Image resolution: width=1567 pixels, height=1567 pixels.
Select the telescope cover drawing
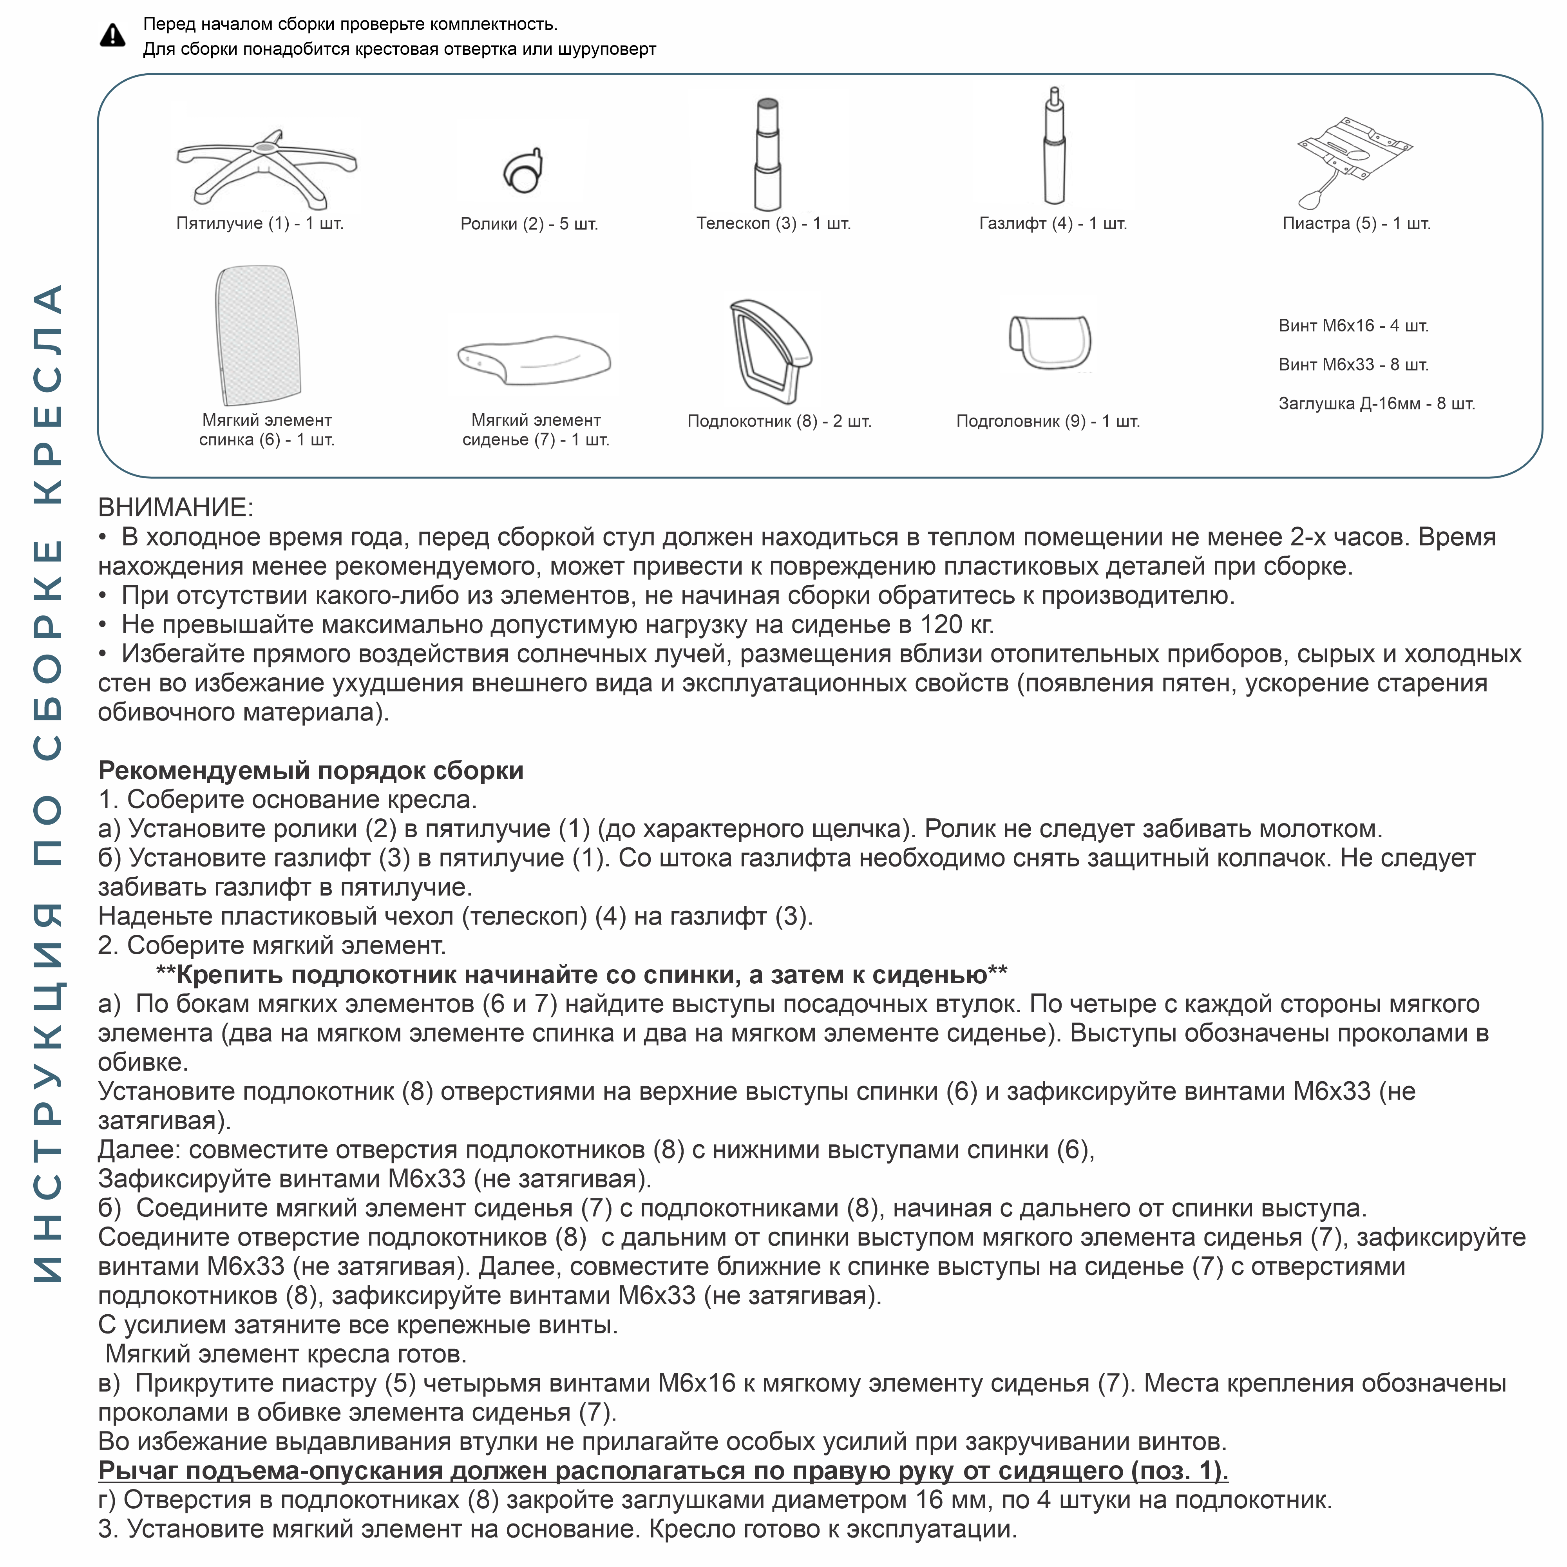click(x=767, y=154)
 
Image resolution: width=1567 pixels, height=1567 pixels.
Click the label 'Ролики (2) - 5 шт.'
click(x=529, y=224)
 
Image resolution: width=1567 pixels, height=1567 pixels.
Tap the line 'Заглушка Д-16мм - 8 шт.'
click(x=1376, y=404)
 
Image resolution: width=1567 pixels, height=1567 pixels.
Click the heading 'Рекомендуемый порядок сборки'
click(x=311, y=771)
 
